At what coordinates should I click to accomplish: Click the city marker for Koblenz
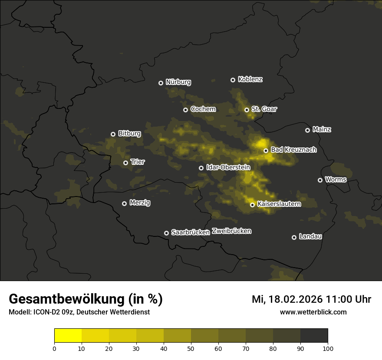pos(233,80)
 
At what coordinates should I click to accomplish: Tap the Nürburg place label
pos(178,82)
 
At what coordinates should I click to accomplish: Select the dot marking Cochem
pos(185,110)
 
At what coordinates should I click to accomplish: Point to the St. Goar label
pos(264,109)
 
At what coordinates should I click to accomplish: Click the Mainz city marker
pos(307,130)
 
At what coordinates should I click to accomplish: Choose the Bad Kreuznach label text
pos(293,150)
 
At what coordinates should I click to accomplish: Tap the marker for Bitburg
pos(113,134)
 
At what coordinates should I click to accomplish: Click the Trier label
pos(138,162)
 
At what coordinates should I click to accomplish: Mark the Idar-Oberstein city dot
pos(201,168)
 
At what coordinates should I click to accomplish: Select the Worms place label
pos(336,180)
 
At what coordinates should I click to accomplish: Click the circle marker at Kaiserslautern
pos(252,205)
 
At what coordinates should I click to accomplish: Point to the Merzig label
pos(140,203)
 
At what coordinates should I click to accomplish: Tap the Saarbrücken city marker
pos(166,233)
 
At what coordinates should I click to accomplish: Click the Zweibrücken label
pos(232,231)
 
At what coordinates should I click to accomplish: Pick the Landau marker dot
pos(294,237)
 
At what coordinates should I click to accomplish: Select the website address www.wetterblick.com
pos(313,312)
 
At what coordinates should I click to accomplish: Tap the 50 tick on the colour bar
pos(191,348)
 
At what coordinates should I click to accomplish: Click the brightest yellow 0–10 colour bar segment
pos(68,336)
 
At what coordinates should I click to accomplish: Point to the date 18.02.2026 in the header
pos(295,299)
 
